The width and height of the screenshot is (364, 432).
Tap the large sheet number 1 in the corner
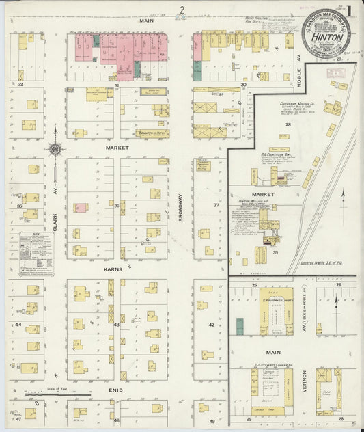[x=349, y=12]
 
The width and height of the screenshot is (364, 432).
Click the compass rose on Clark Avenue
[x=55, y=148]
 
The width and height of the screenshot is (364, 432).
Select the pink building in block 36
[x=81, y=207]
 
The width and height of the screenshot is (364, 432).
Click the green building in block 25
[x=240, y=325]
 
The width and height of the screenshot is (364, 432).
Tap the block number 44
[x=18, y=324]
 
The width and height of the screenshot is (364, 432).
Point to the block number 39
[x=276, y=252]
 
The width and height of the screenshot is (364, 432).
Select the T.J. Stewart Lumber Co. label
[x=277, y=365]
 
